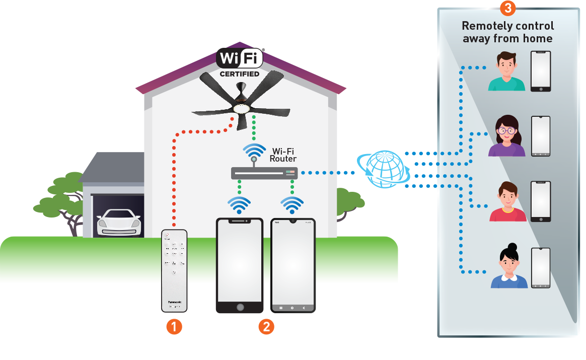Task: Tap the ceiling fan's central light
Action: click(242, 108)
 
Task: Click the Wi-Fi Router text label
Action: click(283, 155)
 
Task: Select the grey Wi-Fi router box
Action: click(264, 173)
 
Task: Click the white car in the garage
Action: click(118, 222)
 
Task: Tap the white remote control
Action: click(174, 271)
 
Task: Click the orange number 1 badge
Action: click(174, 327)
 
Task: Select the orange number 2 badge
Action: click(266, 327)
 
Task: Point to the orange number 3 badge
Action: click(507, 8)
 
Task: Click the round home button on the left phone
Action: click(240, 307)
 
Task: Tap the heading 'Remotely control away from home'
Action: click(507, 32)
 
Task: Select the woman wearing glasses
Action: click(506, 136)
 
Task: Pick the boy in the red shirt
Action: click(507, 202)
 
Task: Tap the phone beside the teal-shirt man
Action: click(541, 71)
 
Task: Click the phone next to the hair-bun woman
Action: click(541, 267)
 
